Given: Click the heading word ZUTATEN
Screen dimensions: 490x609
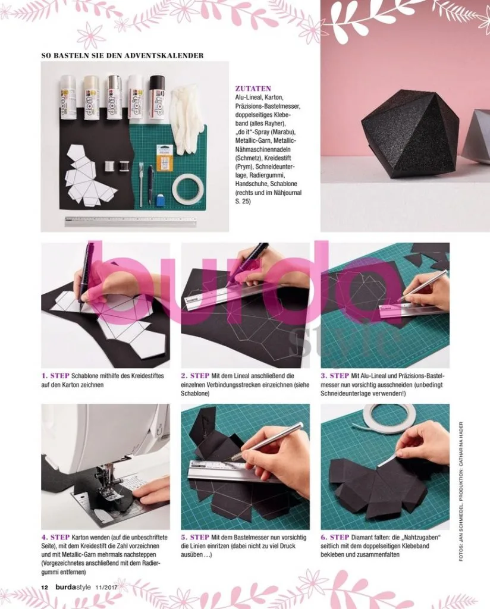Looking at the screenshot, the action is (253, 89).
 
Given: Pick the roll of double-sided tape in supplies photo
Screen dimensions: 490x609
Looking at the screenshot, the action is (188, 190).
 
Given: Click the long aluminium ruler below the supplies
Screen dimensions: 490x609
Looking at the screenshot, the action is (130, 222).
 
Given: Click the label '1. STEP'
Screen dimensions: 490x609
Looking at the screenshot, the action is (55, 376).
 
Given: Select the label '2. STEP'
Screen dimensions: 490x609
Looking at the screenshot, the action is (195, 376).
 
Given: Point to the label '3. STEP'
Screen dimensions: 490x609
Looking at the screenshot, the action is (335, 376).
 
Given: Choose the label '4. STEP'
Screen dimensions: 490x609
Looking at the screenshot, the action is (55, 537).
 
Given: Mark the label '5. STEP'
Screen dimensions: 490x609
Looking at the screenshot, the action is (195, 537).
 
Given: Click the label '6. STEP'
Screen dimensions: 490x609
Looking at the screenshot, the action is (335, 537).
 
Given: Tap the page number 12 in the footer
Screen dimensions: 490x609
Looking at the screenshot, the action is (45, 587).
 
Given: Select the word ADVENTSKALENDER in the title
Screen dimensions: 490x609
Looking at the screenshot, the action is (164, 55).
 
